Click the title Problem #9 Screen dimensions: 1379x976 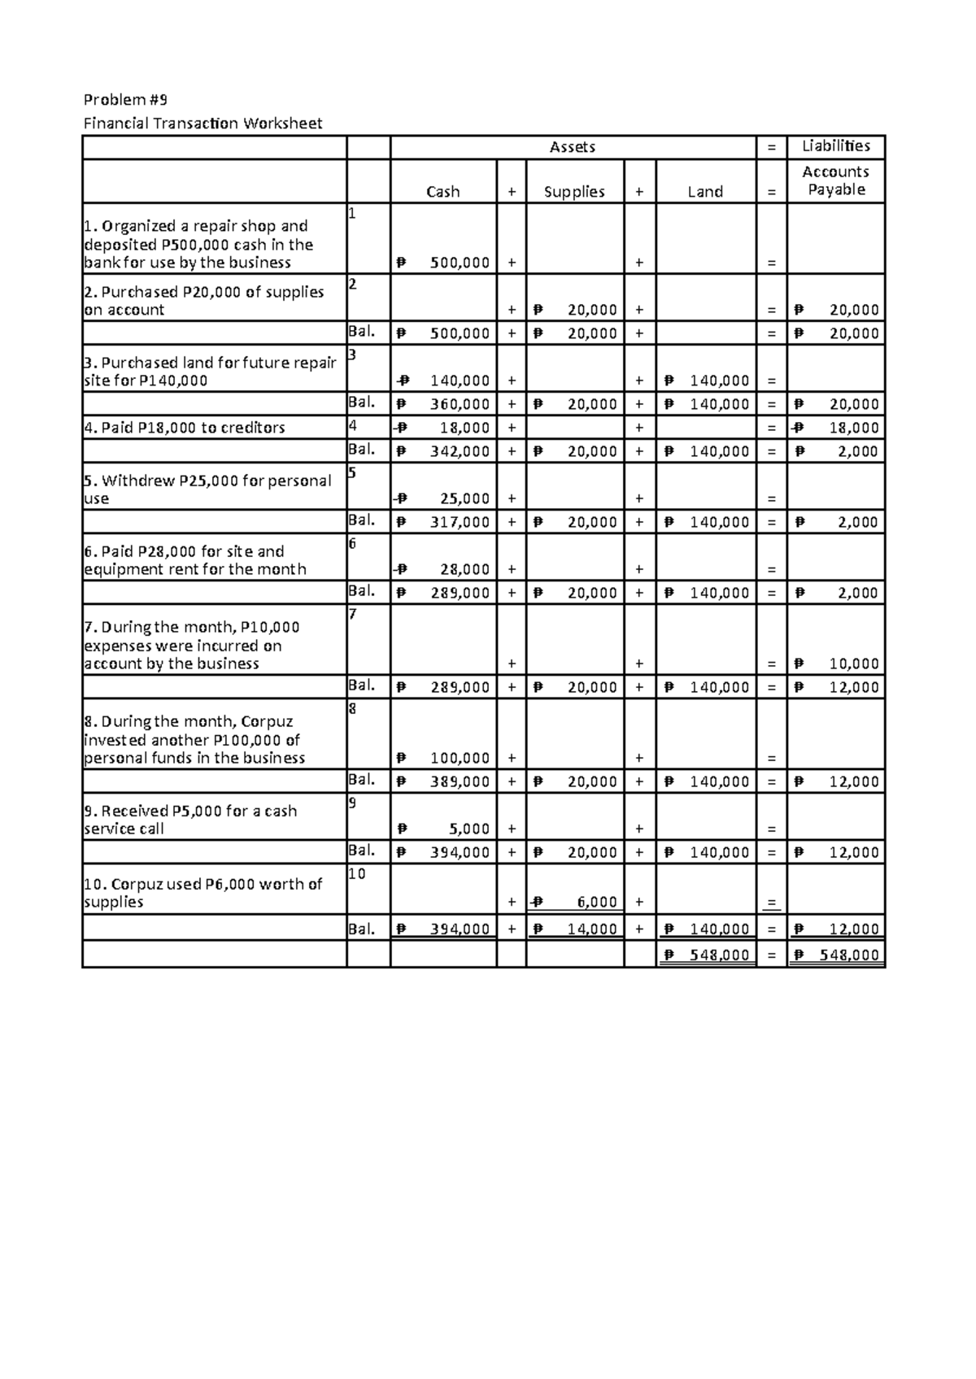point(125,100)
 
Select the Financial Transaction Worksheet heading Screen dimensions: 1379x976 point(203,124)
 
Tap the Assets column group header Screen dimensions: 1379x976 point(573,147)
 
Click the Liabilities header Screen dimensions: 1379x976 point(835,146)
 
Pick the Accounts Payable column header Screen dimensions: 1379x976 point(835,181)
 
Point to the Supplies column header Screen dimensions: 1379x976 point(574,192)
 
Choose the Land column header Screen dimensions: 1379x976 point(705,192)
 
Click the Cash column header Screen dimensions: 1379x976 point(442,192)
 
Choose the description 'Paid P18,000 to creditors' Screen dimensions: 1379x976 point(185,428)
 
